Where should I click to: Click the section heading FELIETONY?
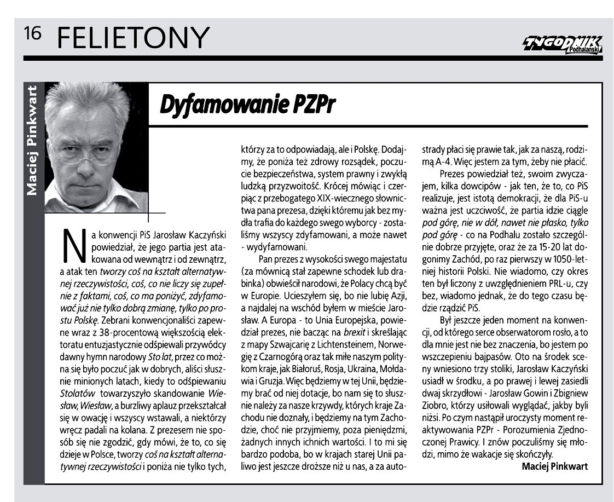coord(133,38)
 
